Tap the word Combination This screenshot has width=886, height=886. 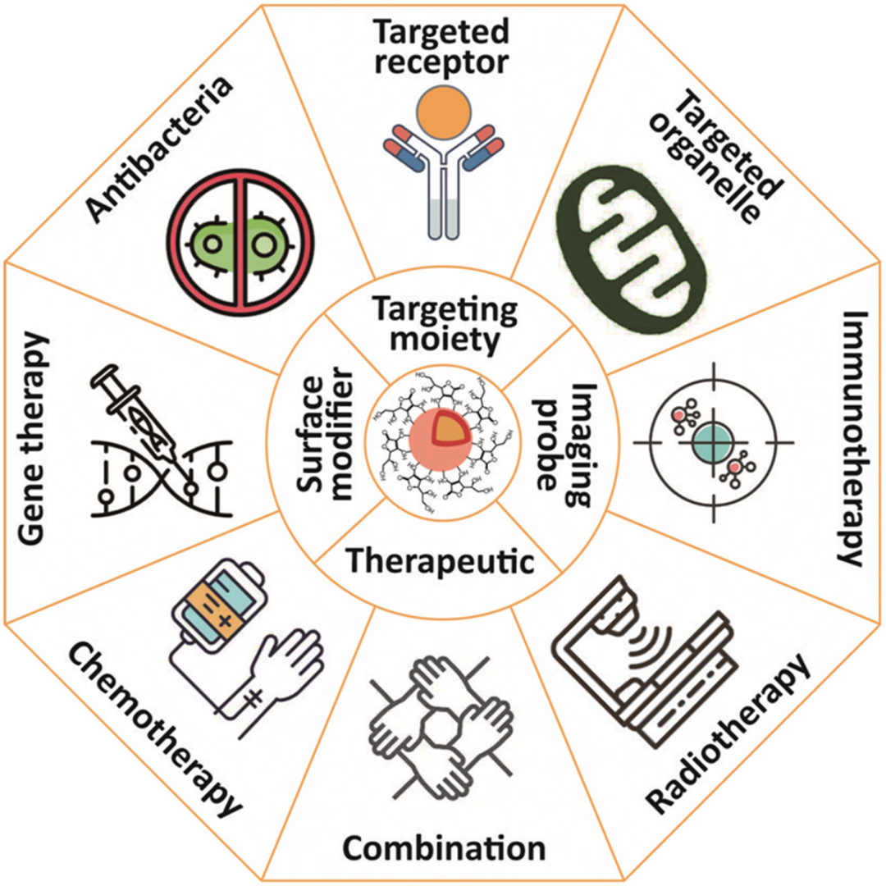point(444,847)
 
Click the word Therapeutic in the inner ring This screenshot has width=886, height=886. point(440,562)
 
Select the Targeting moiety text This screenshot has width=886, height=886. point(444,325)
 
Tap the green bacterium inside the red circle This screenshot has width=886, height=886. point(242,243)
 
